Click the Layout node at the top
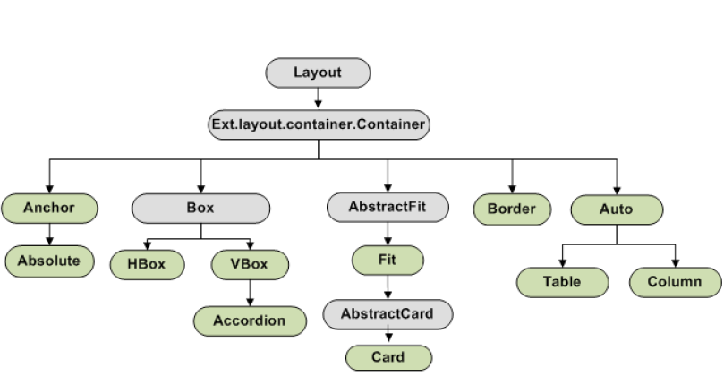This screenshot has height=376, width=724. (318, 73)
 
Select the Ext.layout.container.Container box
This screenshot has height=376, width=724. (318, 124)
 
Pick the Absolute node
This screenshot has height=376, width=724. (49, 261)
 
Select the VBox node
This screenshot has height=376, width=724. (251, 264)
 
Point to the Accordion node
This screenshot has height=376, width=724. (250, 320)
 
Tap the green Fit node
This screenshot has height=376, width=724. (388, 261)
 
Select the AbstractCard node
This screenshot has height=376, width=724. (388, 313)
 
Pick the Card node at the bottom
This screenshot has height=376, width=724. (388, 357)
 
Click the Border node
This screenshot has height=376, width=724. (512, 209)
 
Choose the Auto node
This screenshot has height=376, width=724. (617, 209)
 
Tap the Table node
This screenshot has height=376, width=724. (562, 282)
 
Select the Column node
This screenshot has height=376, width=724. (675, 282)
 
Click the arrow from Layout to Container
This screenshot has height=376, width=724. (318, 98)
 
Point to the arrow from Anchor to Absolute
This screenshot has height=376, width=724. (49, 235)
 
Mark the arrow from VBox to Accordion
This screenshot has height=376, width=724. (250, 292)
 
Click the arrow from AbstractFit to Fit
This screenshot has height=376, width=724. (388, 235)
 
